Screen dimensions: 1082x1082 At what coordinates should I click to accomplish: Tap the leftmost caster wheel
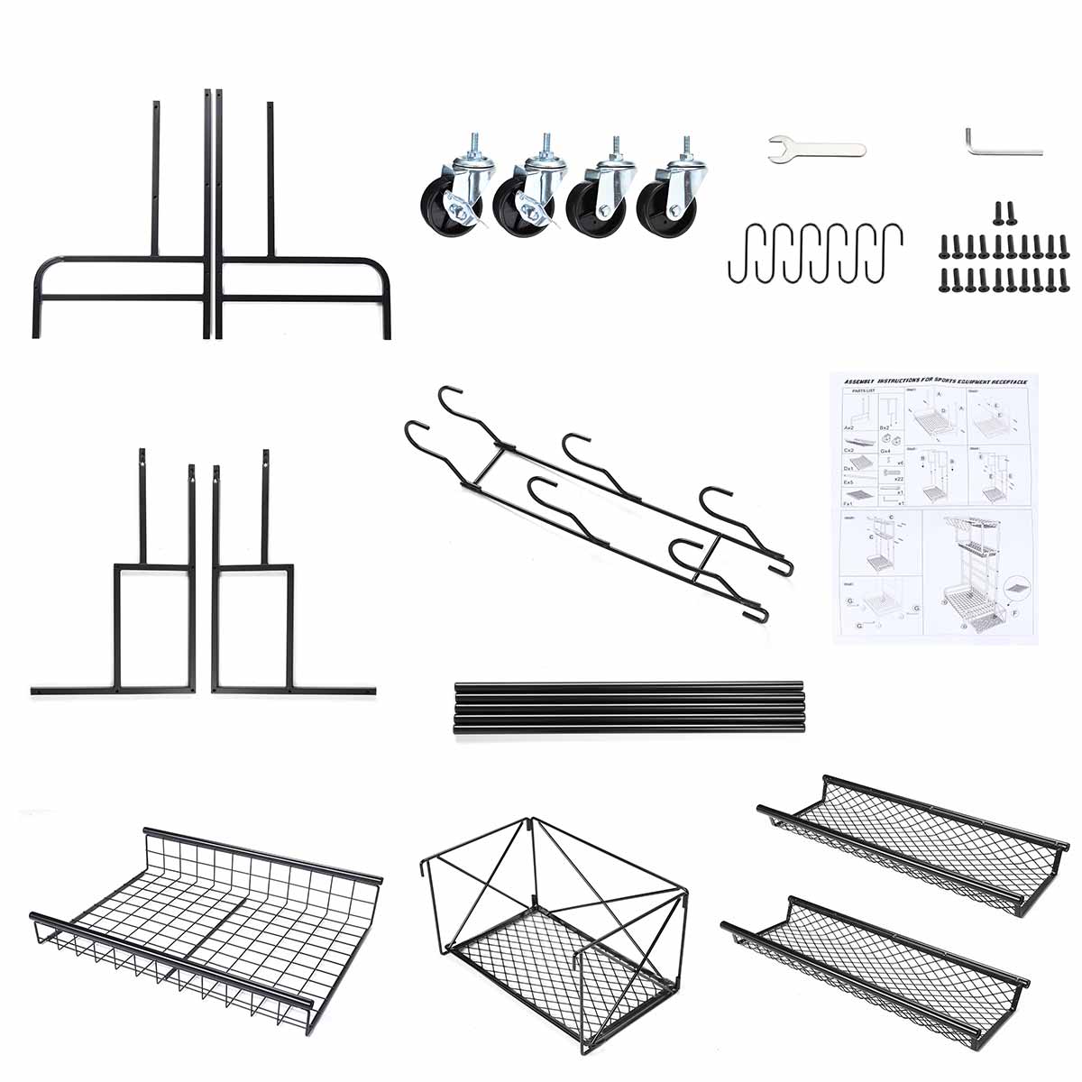455,198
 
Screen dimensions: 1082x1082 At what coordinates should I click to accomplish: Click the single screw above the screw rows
998,214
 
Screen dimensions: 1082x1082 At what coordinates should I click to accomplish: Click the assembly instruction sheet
933,507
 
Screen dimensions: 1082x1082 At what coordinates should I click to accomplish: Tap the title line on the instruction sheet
933,381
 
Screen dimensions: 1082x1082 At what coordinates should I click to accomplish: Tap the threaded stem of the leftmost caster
472,144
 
